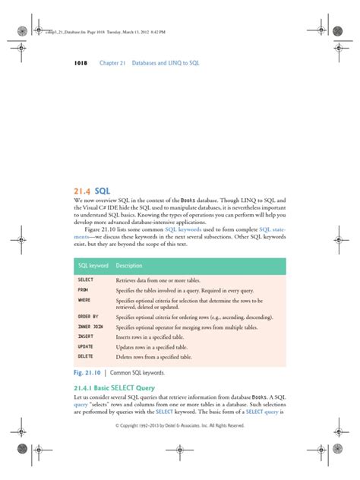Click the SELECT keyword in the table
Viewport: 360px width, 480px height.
pyautogui.click(x=85, y=280)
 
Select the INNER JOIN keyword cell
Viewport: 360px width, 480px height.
pyautogui.click(x=90, y=327)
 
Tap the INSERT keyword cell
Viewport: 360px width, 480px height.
pyautogui.click(x=85, y=336)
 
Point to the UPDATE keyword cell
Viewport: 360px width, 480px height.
pyautogui.click(x=85, y=346)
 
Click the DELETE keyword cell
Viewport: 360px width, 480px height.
pyautogui.click(x=85, y=356)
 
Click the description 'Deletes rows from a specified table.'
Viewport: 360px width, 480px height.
pyautogui.click(x=154, y=356)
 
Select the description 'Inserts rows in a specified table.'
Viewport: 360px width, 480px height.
pyautogui.click(x=152, y=336)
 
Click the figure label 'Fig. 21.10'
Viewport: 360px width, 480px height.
pyautogui.click(x=90, y=374)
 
